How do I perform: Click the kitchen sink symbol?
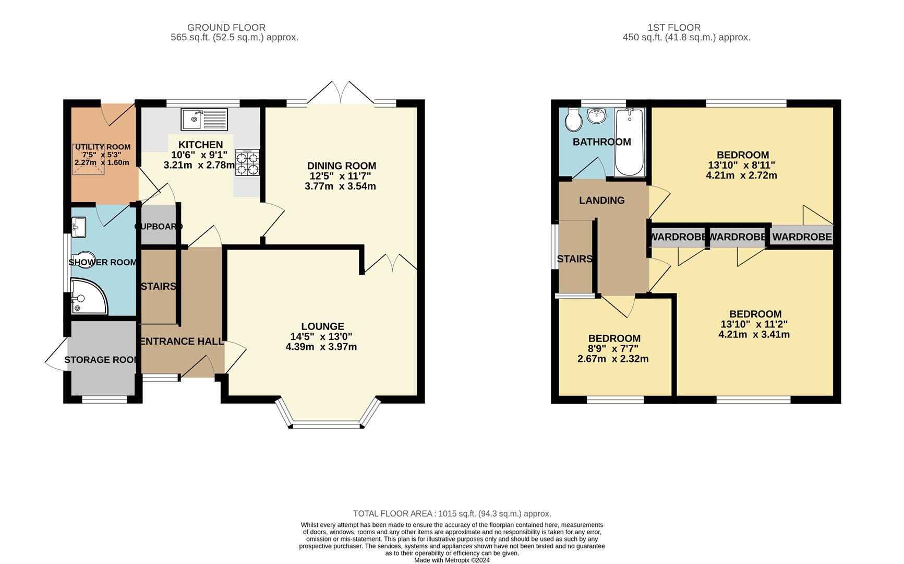click(x=204, y=119)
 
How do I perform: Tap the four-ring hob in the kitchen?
click(x=247, y=162)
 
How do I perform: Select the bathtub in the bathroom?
click(x=630, y=142)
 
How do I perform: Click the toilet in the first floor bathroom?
click(x=573, y=120)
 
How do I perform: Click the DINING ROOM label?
click(x=342, y=166)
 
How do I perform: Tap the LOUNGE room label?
click(x=322, y=326)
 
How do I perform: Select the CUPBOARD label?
click(x=159, y=227)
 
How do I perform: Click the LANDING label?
click(x=602, y=201)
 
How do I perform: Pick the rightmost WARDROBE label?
click(x=802, y=237)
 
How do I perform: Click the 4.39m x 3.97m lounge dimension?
click(x=321, y=347)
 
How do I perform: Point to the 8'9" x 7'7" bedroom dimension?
click(x=613, y=349)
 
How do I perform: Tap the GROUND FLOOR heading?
click(x=226, y=28)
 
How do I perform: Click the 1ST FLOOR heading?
click(x=674, y=28)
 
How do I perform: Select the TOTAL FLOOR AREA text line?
click(x=452, y=514)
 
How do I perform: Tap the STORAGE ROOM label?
click(x=102, y=360)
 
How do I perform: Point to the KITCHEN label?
click(x=201, y=145)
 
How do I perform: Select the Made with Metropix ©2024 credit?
click(x=452, y=560)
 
